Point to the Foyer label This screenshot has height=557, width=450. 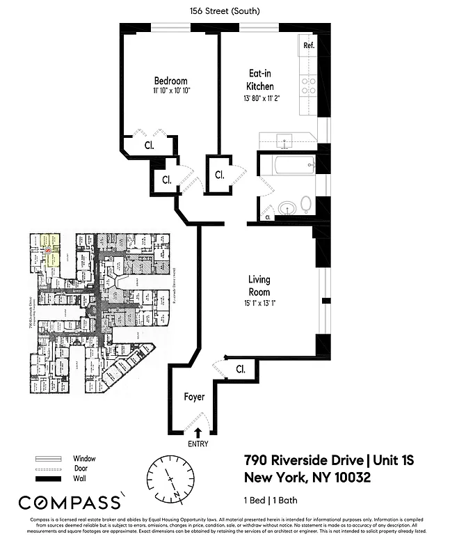[194, 397]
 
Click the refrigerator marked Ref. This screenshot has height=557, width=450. [309, 46]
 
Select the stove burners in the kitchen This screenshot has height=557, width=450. [308, 86]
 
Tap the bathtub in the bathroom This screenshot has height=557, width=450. [286, 165]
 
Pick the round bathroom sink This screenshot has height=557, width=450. [286, 207]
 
